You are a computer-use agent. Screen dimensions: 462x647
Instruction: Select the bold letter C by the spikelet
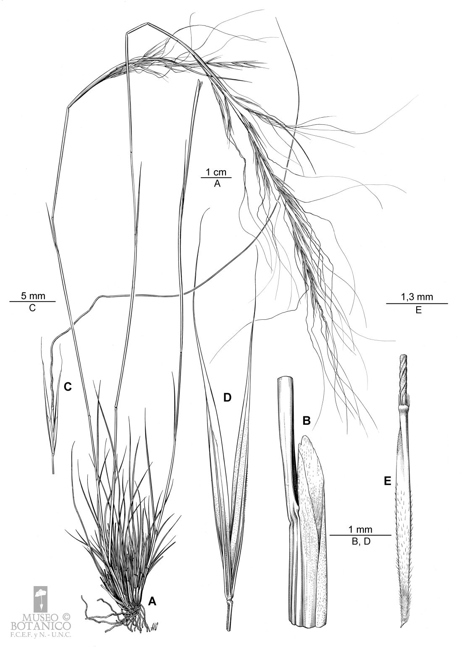(x=68, y=387)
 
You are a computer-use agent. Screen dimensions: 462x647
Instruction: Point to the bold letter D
(x=227, y=398)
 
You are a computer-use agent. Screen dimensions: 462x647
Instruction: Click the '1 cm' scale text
(x=216, y=173)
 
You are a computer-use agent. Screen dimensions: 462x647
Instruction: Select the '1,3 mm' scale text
(x=417, y=297)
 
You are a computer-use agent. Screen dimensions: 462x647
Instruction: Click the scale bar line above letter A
(x=216, y=178)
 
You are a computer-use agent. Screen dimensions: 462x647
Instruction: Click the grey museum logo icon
(x=41, y=594)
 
